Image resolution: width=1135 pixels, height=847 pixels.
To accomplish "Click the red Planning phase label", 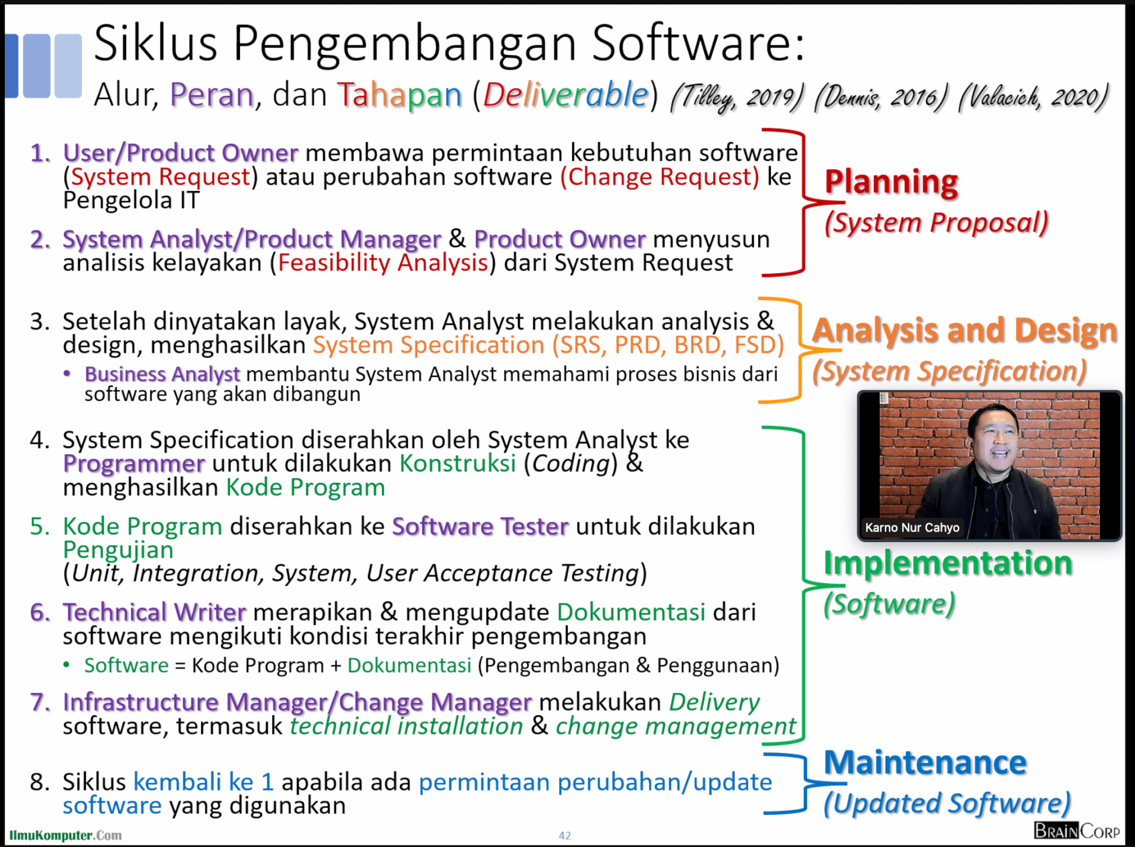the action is point(891,183).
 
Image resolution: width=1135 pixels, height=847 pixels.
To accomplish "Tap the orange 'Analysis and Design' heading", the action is point(965,331).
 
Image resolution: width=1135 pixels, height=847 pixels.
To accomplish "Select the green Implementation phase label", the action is point(948,564).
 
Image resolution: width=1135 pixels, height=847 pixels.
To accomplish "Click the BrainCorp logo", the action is point(1077,831).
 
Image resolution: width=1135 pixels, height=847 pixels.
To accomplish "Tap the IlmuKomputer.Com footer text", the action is point(65,835).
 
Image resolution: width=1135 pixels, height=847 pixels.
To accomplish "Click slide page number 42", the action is point(565,835).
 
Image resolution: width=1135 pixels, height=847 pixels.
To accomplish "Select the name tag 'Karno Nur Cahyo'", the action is point(912,527).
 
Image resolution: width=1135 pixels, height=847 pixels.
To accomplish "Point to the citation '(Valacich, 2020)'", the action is point(1034,98).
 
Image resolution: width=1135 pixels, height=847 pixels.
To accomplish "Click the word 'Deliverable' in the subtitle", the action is point(565,94).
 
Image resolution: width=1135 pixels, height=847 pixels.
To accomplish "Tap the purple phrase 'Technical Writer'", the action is point(154,612).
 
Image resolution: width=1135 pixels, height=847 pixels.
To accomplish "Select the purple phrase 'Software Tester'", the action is point(480,526).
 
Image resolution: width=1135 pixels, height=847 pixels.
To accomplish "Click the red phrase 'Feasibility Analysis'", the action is point(383,263).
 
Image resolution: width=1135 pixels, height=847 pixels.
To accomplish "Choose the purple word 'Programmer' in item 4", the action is point(134,464).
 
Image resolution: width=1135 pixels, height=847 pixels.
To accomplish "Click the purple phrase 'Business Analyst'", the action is point(162,374).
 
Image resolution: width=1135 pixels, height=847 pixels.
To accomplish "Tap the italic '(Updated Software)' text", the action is point(947,804).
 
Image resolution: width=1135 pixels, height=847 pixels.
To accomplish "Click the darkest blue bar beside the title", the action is point(12,65).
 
